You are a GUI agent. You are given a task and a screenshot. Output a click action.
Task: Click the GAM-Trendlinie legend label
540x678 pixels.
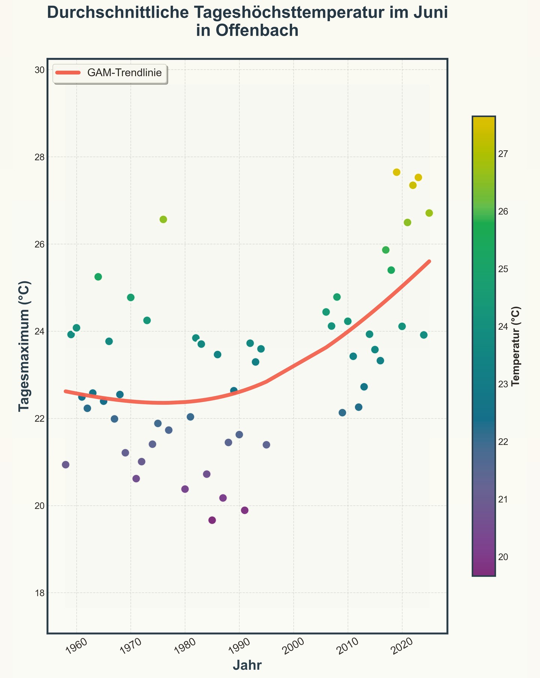pyautogui.click(x=124, y=73)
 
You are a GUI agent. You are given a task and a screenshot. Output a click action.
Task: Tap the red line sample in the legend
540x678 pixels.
pyautogui.click(x=68, y=73)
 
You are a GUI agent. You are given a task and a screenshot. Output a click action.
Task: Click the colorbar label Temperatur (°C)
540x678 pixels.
pyautogui.click(x=516, y=346)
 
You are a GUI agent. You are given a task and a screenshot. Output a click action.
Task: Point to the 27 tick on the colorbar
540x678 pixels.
pyautogui.click(x=505, y=154)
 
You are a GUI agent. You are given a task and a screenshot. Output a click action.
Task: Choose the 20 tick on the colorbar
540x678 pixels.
pyautogui.click(x=505, y=557)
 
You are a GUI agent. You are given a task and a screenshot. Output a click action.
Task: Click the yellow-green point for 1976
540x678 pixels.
pyautogui.click(x=163, y=219)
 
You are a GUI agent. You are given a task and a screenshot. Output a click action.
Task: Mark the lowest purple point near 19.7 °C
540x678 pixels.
pyautogui.click(x=212, y=520)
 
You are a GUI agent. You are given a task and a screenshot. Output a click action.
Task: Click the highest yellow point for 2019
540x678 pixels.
pyautogui.click(x=397, y=172)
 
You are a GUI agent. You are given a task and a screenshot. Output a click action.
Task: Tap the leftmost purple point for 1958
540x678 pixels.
pyautogui.click(x=66, y=465)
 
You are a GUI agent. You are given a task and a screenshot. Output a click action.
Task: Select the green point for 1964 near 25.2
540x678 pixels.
pyautogui.click(x=98, y=277)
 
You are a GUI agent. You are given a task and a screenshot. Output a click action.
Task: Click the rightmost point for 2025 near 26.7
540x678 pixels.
pyautogui.click(x=429, y=213)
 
